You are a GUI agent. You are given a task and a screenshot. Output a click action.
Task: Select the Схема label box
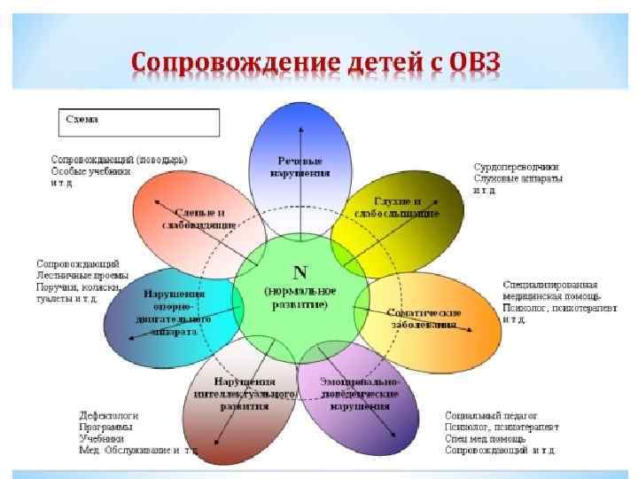[140, 122]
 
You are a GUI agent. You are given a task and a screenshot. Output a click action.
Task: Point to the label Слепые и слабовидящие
[198, 218]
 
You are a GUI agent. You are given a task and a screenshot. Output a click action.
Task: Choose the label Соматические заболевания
[424, 318]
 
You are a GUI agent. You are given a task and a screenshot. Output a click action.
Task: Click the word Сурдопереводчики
[516, 166]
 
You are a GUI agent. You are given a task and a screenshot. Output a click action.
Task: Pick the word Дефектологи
[108, 414]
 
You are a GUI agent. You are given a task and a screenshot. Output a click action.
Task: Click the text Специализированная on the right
[550, 283]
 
